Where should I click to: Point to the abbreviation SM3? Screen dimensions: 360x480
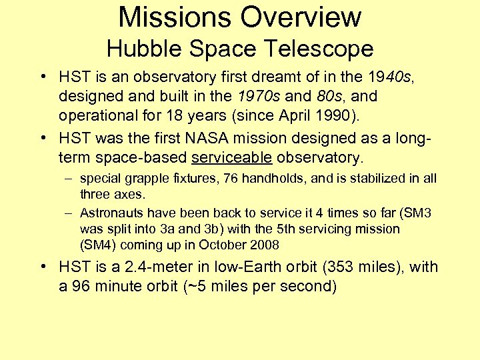(x=418, y=213)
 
